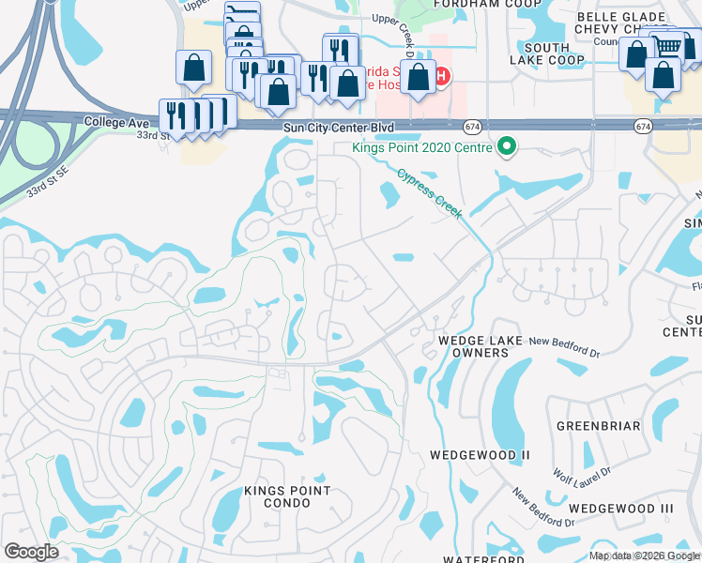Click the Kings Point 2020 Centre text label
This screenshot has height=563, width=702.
tap(421, 146)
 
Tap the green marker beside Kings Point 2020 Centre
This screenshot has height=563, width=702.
tap(507, 146)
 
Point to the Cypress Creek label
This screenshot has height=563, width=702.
tap(430, 193)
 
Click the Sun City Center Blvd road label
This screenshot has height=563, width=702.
tap(343, 126)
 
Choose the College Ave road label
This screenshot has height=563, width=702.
tap(117, 122)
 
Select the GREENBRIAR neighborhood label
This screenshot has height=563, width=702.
tap(598, 426)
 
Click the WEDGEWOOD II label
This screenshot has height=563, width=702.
tap(480, 455)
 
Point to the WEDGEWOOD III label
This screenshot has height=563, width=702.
tap(621, 508)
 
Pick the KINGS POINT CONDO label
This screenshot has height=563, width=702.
tap(287, 496)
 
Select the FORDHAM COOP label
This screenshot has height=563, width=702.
tap(474, 4)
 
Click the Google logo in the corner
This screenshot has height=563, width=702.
tap(31, 552)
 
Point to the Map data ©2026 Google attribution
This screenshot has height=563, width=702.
tap(645, 555)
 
